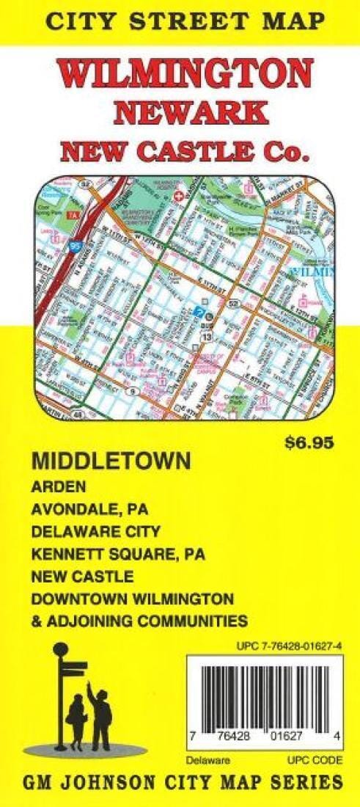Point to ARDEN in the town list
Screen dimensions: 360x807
[59, 486]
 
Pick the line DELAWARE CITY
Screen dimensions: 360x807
[95, 530]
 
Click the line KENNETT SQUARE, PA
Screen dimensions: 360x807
[118, 553]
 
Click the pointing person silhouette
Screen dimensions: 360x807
[100, 712]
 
